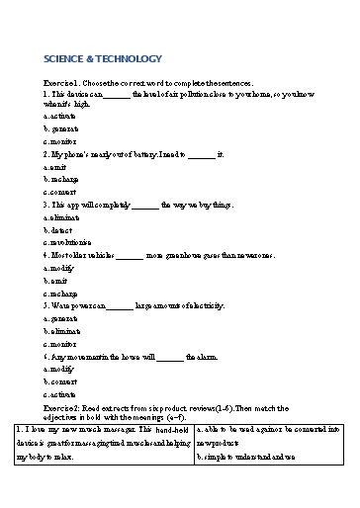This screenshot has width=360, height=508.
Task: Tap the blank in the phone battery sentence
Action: point(201,155)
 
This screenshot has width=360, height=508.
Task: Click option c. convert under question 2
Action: point(61,192)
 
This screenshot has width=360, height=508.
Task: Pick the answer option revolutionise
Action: point(67,242)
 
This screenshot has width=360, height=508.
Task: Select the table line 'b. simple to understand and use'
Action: point(246,459)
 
